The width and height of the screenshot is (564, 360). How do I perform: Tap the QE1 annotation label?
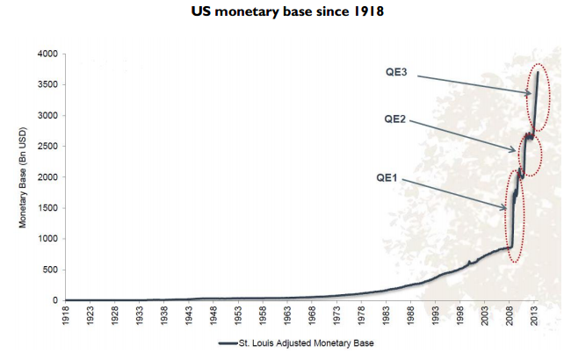pos(387,176)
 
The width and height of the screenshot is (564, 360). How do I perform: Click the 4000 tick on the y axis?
pos(47,54)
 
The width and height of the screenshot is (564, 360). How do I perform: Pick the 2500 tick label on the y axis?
pos(47,147)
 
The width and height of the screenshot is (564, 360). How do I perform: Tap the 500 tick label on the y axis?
pos(51,270)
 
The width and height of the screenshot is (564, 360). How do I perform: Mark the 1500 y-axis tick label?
pos(47,208)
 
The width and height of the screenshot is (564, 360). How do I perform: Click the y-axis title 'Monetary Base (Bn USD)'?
pos(25,177)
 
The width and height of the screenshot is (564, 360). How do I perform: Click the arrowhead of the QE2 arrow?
pos(517,151)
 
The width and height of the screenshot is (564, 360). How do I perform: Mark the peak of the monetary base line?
pos(538,73)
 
